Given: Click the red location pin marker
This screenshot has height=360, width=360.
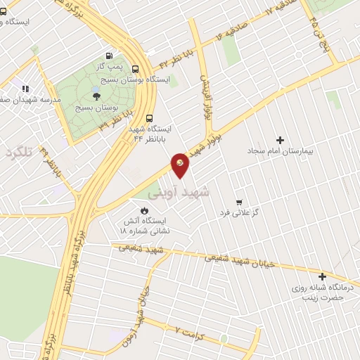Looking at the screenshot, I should pyautogui.click(x=181, y=165).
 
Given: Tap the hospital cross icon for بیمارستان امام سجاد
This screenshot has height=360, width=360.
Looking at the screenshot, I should pyautogui.click(x=281, y=141).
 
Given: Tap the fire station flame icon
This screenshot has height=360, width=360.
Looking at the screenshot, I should pyautogui.click(x=145, y=210).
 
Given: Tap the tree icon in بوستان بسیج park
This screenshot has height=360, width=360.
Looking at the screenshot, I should pyautogui.click(x=96, y=96).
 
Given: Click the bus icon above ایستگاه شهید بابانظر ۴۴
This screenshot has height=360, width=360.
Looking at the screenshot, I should pyautogui.click(x=149, y=118).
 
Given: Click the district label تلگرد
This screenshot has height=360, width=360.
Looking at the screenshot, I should pyautogui.click(x=19, y=153).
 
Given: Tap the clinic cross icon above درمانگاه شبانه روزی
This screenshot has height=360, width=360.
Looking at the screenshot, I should pyautogui.click(x=322, y=276).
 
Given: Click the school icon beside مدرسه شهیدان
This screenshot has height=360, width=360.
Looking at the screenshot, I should pyautogui.click(x=26, y=89).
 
